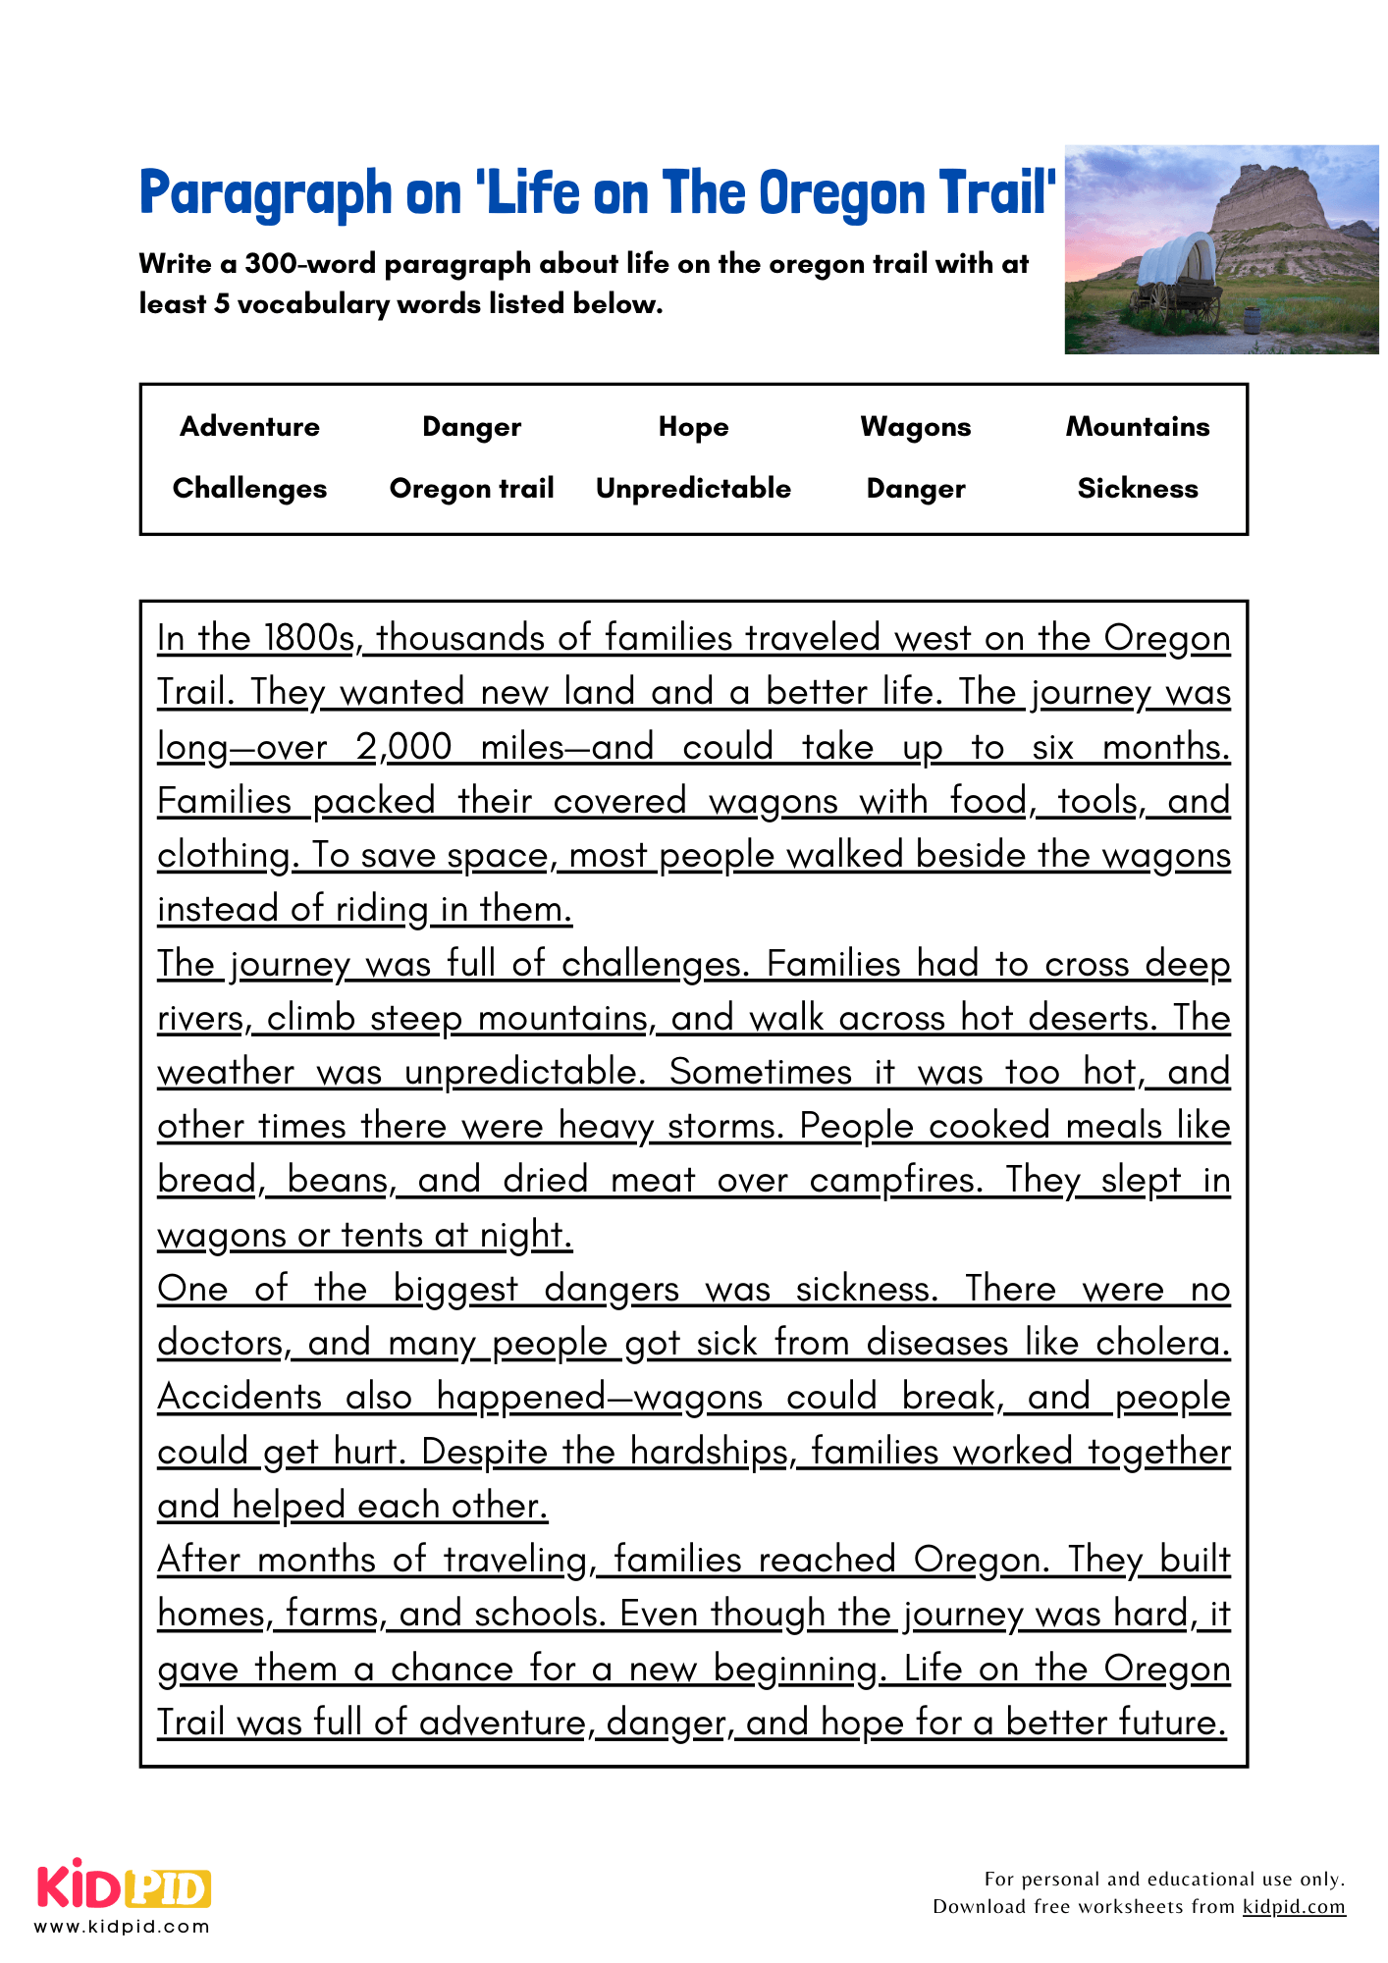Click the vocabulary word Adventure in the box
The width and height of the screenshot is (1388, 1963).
(249, 426)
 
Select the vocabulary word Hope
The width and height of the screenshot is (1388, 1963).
(693, 426)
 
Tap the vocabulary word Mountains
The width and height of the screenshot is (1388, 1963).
(1137, 426)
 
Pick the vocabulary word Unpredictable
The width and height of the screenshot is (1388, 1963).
(693, 488)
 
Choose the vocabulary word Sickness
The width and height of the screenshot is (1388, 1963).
(1137, 488)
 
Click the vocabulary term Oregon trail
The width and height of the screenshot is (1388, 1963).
(471, 488)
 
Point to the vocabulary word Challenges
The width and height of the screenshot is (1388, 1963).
(249, 488)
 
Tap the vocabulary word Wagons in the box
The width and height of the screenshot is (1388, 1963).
(915, 426)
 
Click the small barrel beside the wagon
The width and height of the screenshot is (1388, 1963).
(1251, 320)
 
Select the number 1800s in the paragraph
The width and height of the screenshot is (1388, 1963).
(310, 638)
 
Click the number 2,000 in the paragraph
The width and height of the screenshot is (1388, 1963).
(404, 747)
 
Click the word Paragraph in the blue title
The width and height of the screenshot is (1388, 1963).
(265, 193)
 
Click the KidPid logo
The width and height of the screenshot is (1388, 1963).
(124, 1886)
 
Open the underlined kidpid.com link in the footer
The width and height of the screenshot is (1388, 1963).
(1294, 1906)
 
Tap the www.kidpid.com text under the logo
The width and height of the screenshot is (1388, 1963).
(123, 1927)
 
